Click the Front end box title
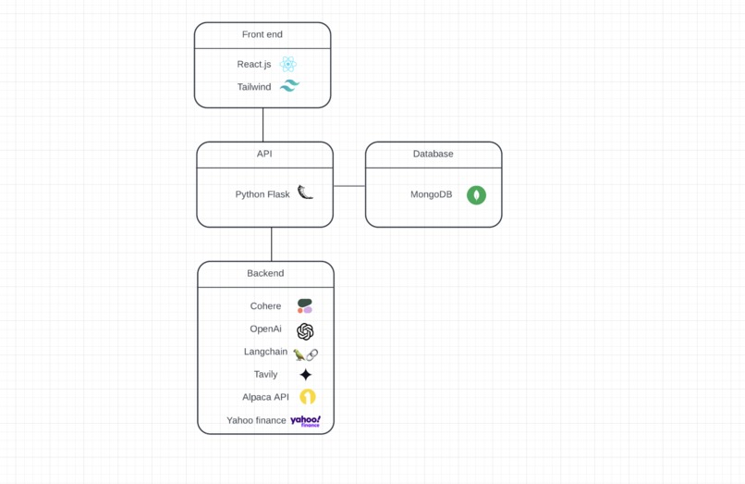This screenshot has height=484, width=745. click(x=263, y=34)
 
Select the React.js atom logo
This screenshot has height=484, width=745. click(x=289, y=65)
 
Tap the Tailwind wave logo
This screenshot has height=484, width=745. click(x=289, y=86)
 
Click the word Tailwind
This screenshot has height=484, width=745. click(x=254, y=87)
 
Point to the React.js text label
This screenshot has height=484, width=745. click(x=254, y=65)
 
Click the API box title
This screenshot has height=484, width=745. click(x=264, y=154)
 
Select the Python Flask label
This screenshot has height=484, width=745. click(x=263, y=194)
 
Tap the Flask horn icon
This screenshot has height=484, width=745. click(x=305, y=192)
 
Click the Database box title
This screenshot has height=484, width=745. click(x=433, y=154)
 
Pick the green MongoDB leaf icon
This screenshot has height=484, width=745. click(x=476, y=195)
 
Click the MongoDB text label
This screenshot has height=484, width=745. click(x=432, y=194)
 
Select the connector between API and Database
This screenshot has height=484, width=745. click(x=349, y=186)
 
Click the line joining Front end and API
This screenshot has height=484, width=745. click(x=263, y=125)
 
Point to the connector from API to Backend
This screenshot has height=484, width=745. click(x=272, y=244)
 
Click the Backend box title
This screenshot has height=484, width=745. click(x=265, y=273)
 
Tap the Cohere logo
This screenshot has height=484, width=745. click(x=305, y=306)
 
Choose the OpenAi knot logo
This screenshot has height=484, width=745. click(x=305, y=330)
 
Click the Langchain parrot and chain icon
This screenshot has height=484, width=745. click(x=306, y=354)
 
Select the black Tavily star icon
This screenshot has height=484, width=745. click(x=306, y=375)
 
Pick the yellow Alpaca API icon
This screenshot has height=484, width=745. click(x=307, y=397)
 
